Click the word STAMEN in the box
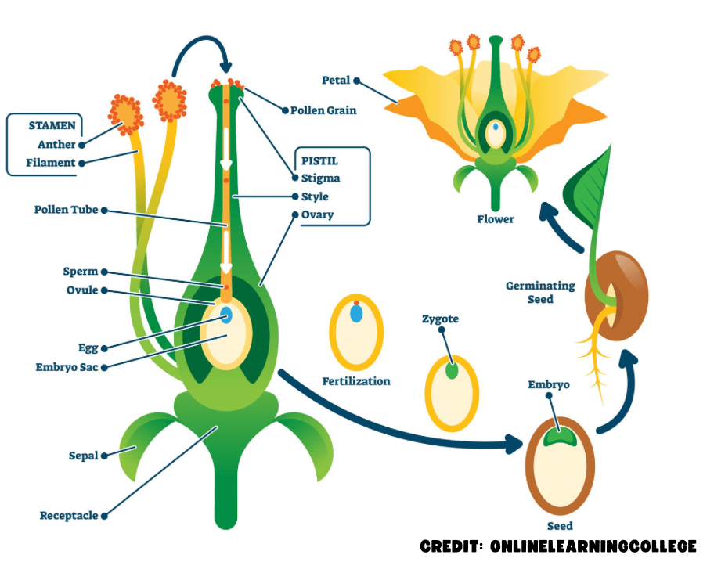(53, 125)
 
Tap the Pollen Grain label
(323, 110)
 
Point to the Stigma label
(320, 178)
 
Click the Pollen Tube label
(66, 210)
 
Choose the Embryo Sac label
(67, 366)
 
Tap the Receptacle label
(69, 515)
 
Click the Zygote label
(440, 319)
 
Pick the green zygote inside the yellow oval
(452, 371)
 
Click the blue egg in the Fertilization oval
(356, 314)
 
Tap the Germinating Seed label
(540, 292)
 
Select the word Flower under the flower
(496, 219)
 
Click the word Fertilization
(356, 381)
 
